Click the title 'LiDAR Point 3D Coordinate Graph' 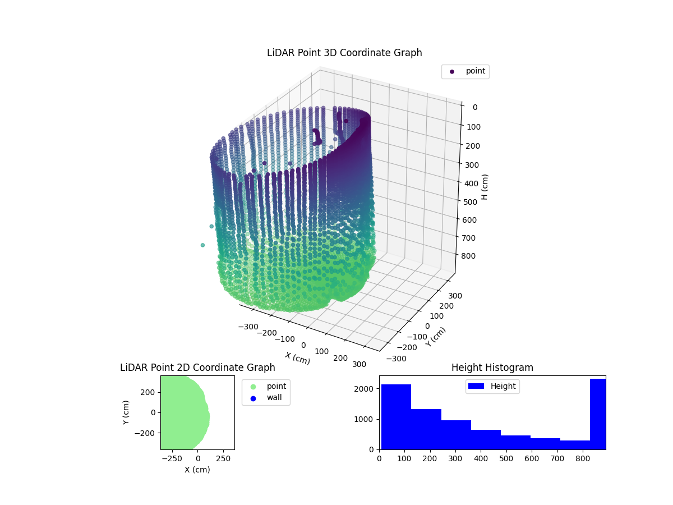tap(344, 53)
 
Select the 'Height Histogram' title tap(492, 368)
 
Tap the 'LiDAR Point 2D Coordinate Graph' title tap(197, 368)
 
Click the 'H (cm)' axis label tap(485, 187)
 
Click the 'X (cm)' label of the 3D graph tap(297, 358)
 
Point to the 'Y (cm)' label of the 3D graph tap(436, 337)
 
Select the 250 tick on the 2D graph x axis tap(224, 459)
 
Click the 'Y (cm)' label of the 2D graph tap(126, 412)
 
